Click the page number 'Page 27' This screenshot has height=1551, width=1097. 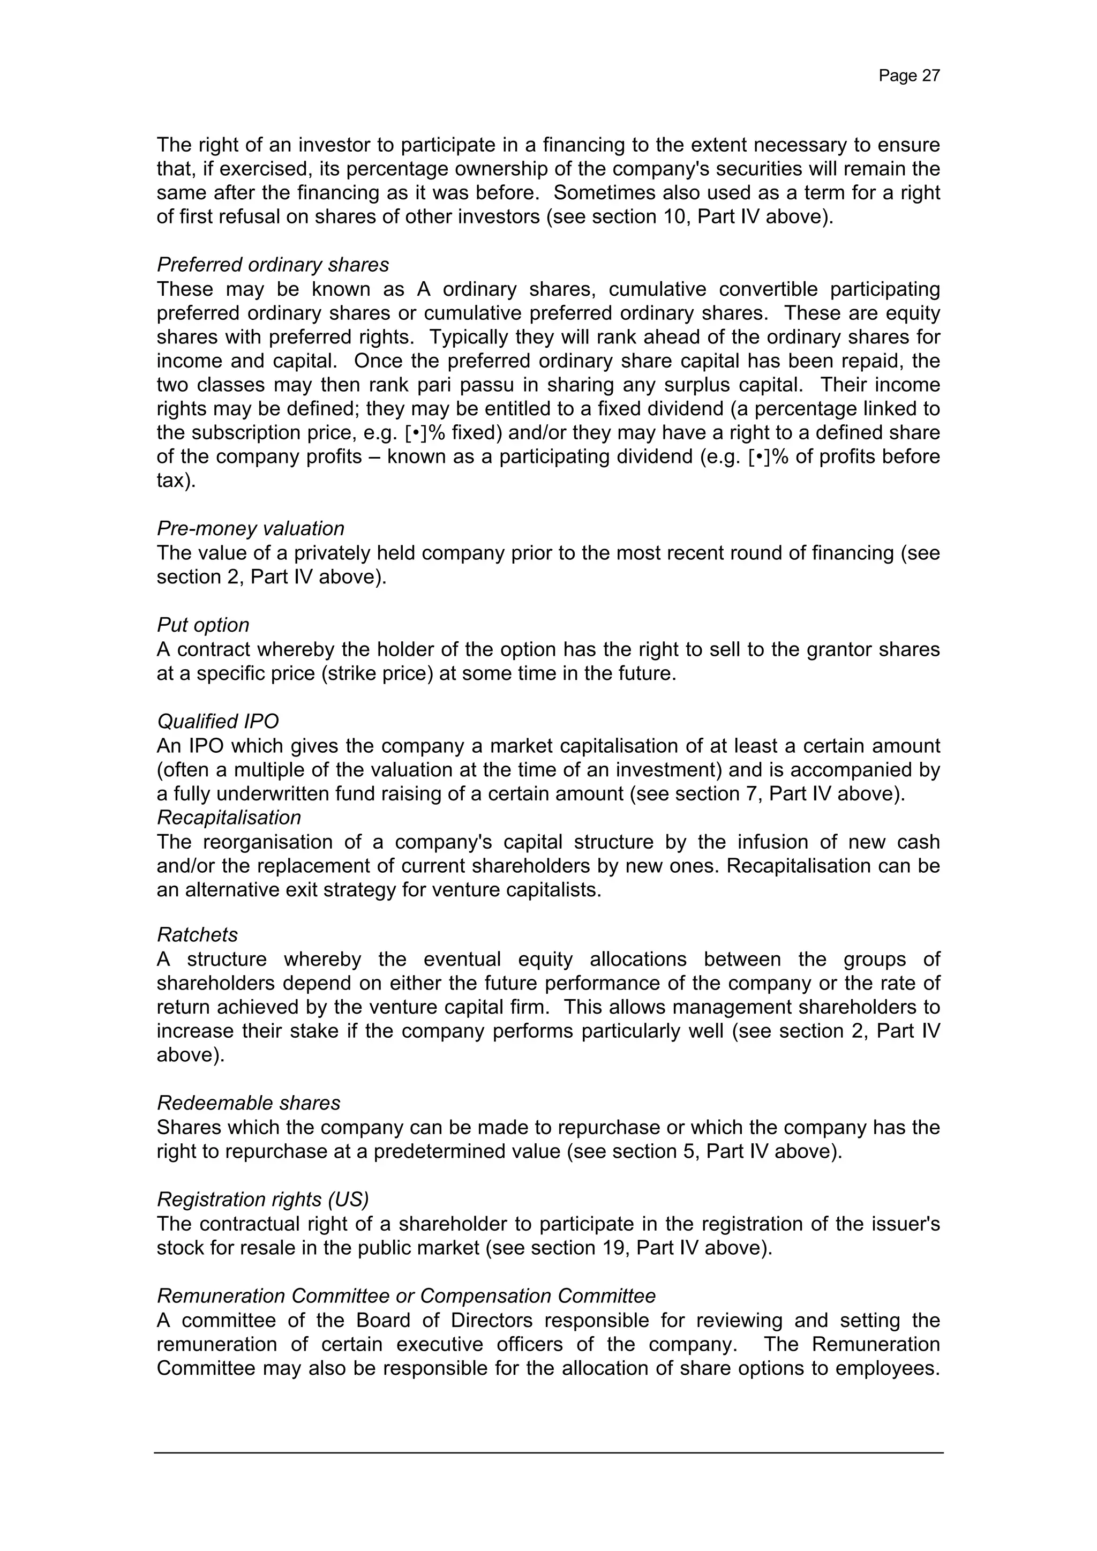click(x=908, y=76)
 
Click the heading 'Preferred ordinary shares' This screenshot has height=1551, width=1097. click(x=273, y=265)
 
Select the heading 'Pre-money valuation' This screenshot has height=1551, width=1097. click(x=251, y=528)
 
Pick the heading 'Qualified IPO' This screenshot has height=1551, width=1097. click(x=217, y=722)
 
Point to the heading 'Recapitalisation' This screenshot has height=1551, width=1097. click(x=229, y=818)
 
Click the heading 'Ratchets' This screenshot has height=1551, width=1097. click(x=197, y=935)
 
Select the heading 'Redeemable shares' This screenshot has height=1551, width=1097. click(x=249, y=1103)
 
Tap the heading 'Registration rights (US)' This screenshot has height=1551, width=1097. click(x=263, y=1199)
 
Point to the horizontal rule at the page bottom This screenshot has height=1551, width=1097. click(x=548, y=1453)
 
